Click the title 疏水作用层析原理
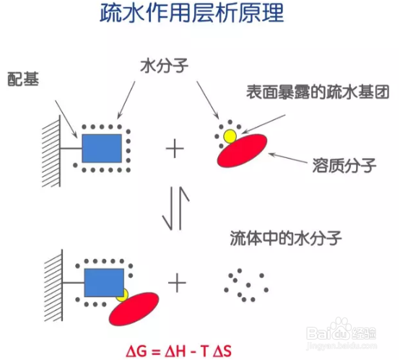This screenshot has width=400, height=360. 191,13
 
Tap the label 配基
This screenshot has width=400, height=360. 23,79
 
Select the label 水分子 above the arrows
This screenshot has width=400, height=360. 165,66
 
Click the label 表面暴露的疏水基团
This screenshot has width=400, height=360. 318,92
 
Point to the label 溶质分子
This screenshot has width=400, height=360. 344,165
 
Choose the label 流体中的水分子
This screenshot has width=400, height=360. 286,238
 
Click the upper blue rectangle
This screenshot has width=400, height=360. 102,149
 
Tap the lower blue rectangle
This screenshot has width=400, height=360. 104,283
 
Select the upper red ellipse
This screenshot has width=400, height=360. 242,151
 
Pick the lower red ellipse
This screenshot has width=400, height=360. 134,309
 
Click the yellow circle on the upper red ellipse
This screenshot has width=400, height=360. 230,136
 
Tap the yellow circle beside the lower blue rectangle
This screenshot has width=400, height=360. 123,296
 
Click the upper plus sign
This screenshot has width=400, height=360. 175,149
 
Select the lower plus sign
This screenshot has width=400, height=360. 177,283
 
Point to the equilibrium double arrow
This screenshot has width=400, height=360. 176,208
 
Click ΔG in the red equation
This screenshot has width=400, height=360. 136,351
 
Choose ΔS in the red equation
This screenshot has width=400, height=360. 222,351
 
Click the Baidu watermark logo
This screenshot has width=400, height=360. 342,332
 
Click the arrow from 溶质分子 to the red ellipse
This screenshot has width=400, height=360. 287,158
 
